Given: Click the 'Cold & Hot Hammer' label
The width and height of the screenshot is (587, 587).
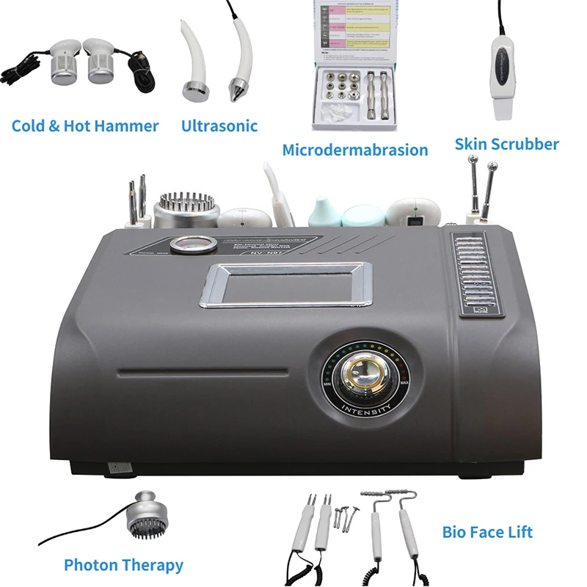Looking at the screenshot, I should tap(85, 126).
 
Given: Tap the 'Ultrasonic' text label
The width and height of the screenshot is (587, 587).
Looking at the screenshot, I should tap(219, 126).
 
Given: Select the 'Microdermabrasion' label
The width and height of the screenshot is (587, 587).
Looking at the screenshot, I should tap(355, 150).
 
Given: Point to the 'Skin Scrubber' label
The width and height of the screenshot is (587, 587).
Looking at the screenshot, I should tap(506, 144).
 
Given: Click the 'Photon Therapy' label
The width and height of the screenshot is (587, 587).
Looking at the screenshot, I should tap(123, 565).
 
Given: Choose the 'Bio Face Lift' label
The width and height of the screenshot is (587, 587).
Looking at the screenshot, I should tap(487, 531).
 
